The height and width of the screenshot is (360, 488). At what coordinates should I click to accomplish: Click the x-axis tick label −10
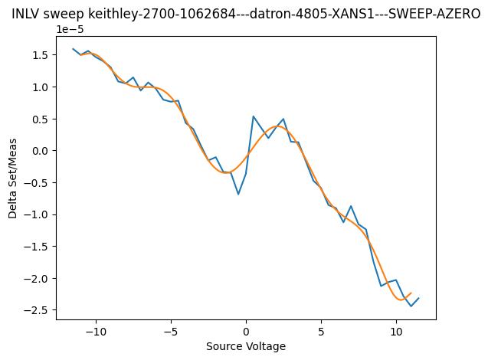[96, 332]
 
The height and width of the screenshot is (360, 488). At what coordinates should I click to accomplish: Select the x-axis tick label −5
[171, 332]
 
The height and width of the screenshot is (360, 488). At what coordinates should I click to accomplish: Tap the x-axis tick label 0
[246, 332]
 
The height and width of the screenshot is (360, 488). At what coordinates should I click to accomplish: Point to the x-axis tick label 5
[321, 332]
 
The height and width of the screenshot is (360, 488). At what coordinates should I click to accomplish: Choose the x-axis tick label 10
[396, 332]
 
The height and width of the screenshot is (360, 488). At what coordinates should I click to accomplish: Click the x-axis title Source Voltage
[246, 346]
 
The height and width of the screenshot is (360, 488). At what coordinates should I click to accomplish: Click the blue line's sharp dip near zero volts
[238, 194]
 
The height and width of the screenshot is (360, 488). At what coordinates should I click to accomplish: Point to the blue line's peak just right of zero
[254, 116]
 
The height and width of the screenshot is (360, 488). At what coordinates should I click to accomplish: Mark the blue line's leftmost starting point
[74, 49]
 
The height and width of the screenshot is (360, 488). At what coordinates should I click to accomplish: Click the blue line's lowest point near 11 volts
[411, 306]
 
